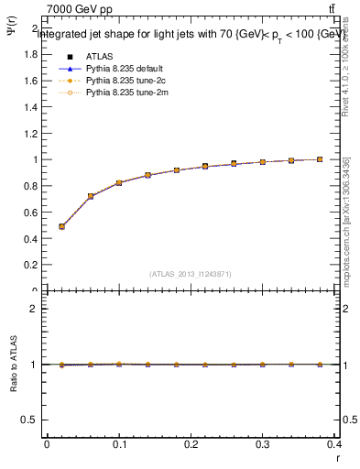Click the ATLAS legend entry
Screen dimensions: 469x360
click(98, 56)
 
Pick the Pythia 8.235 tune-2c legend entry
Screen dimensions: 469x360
click(119, 81)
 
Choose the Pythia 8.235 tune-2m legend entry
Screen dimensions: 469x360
click(119, 93)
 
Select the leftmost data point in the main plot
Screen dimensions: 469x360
click(61, 226)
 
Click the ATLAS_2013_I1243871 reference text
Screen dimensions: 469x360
click(191, 274)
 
